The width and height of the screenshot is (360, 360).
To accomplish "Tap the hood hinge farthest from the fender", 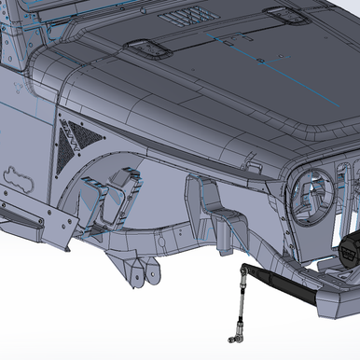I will tap(283, 14).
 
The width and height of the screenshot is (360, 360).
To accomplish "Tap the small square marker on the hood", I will tap(263, 62).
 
